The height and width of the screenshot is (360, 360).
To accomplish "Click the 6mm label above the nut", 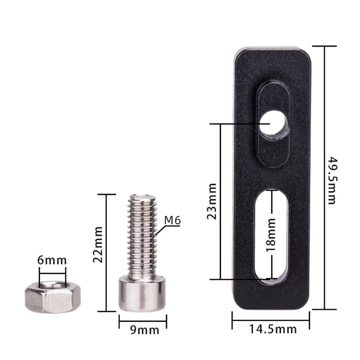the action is click(52, 261).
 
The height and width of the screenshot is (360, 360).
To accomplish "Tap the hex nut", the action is click(53, 297).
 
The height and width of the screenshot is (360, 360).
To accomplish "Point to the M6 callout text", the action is click(172, 220).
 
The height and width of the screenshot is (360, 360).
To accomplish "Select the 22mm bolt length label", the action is click(98, 244).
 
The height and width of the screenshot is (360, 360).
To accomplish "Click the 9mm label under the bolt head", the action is click(144, 330).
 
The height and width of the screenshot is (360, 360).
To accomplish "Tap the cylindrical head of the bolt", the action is click(142, 294).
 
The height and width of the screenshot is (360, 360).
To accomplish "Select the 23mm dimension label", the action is click(211, 201).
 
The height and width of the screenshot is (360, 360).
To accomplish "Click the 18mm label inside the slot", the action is click(271, 235).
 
